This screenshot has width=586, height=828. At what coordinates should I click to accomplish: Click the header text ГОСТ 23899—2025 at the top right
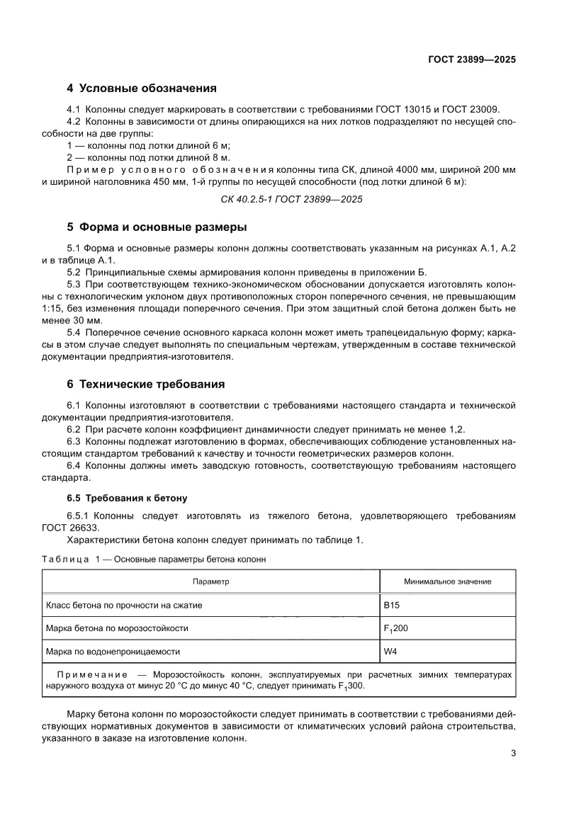471,59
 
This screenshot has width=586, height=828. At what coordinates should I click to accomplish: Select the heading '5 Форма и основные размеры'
157,227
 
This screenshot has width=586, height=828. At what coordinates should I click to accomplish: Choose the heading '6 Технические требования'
145,384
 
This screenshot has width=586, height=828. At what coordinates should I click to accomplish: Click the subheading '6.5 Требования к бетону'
126,499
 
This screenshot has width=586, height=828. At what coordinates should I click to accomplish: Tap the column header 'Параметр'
211,582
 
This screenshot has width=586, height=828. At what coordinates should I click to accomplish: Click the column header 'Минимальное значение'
447,582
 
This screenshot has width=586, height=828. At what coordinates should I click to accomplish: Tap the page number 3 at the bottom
513,753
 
